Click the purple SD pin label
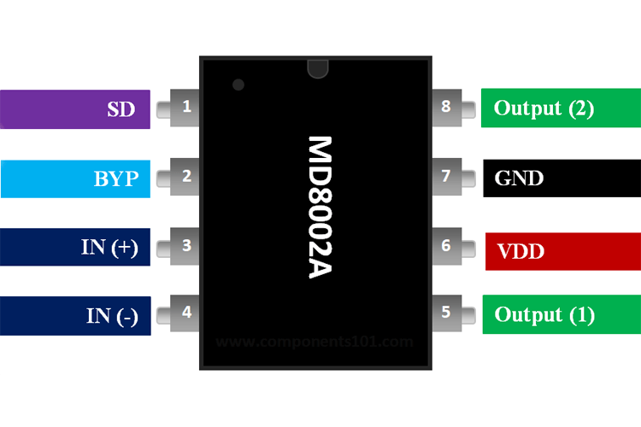pos(75,109)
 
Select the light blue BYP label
pos(75,178)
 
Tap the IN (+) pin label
pos(75,248)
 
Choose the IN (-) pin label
pos(75,315)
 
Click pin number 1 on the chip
pos(187,108)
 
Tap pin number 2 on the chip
pos(187,177)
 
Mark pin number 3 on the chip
pos(187,246)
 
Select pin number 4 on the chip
pos(187,313)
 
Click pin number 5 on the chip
pos(446,313)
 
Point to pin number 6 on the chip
pos(446,246)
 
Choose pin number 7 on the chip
pos(446,177)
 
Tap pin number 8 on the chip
pos(446,108)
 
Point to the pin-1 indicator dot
pos(238,85)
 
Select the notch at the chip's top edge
pos(317,65)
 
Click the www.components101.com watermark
pos(315,342)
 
